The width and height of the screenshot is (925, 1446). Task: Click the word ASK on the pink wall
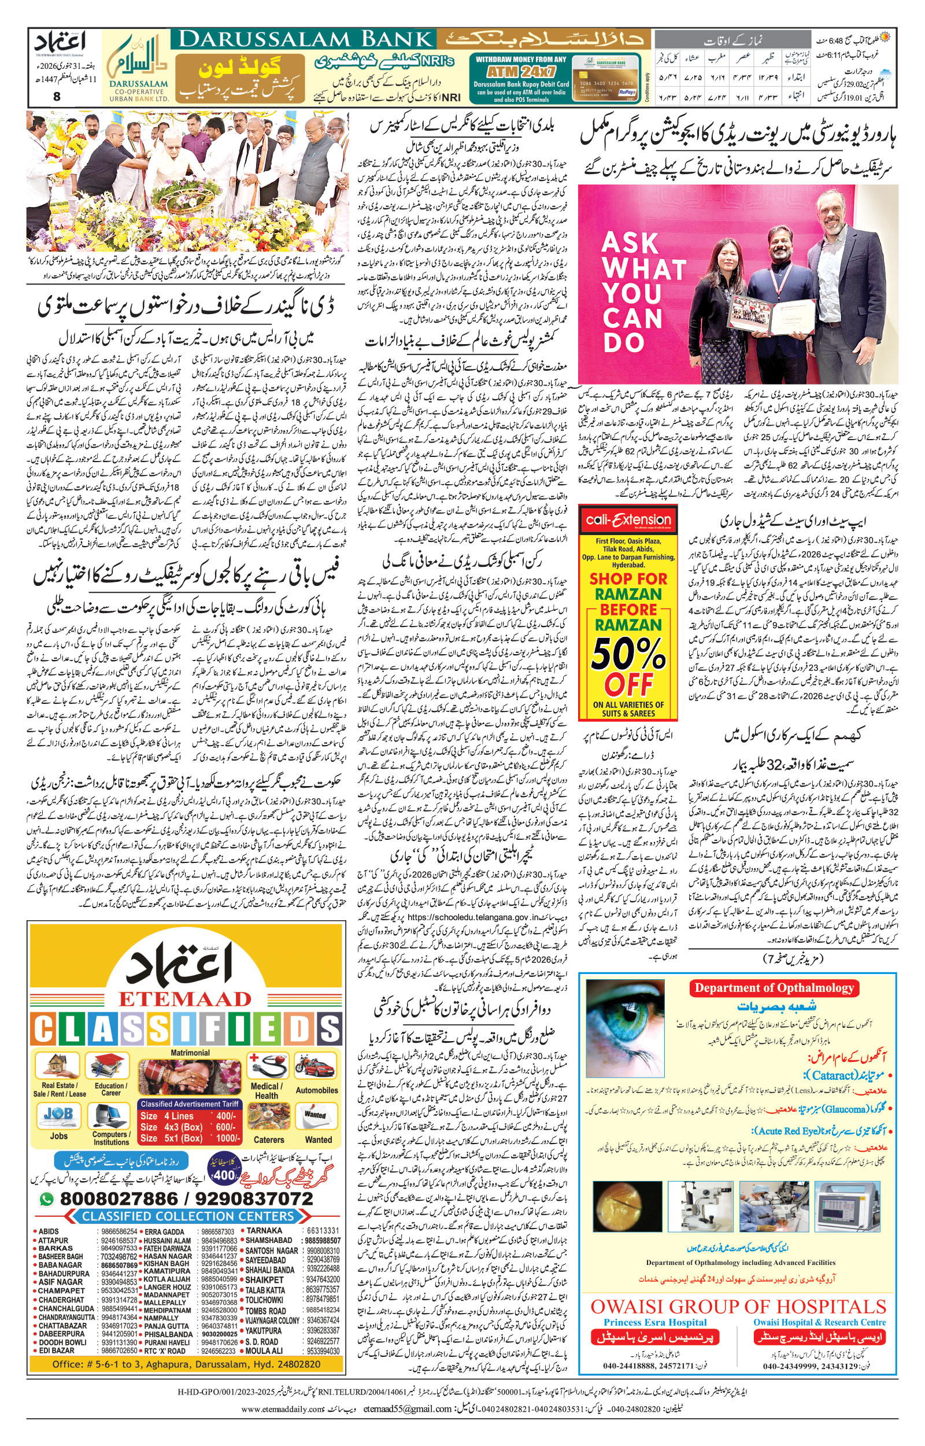tap(630, 244)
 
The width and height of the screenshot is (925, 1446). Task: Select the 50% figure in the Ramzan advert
tap(628, 653)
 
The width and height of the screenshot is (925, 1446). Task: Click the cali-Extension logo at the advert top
tap(628, 520)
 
